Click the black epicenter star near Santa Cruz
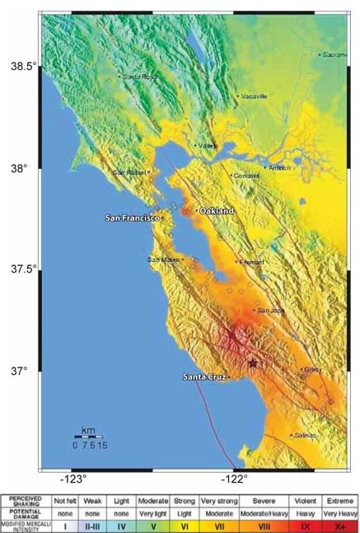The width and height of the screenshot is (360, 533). coord(253,362)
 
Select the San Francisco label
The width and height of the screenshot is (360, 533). coord(133,218)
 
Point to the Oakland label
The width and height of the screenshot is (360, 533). coord(217,211)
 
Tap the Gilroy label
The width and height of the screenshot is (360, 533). coord(311,370)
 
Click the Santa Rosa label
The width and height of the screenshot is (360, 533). coord(138,77)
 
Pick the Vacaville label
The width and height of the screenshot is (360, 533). coord(254,96)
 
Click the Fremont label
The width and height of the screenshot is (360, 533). coord(251,262)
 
